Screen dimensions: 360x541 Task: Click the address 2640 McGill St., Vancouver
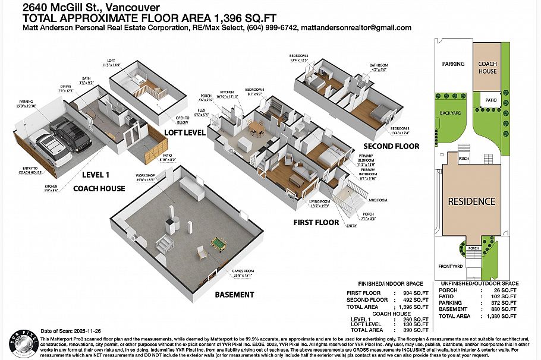pos(90,8)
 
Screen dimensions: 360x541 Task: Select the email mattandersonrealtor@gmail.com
pos(356,28)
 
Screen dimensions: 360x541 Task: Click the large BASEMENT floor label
pos(234,295)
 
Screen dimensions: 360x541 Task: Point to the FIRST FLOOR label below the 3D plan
pos(316,223)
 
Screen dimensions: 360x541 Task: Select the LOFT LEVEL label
pos(185,132)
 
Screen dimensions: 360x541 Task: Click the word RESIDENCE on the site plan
pos(471,201)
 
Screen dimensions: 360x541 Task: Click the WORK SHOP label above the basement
pos(145,176)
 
